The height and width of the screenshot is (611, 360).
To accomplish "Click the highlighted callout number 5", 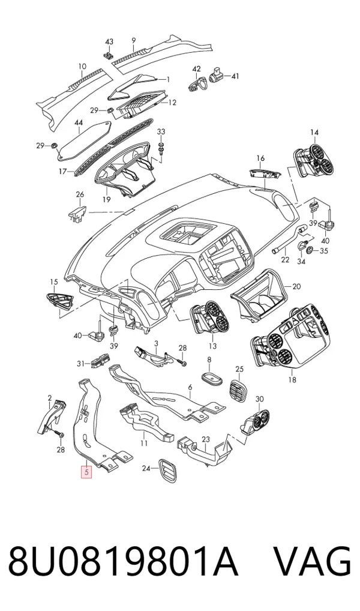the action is click(x=86, y=473).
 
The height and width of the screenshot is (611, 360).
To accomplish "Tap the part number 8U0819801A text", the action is click(x=123, y=562).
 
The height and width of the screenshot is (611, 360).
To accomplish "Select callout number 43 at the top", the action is click(x=109, y=41).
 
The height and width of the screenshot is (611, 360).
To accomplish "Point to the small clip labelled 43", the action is click(x=109, y=55).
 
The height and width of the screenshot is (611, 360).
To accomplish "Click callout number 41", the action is click(x=235, y=76).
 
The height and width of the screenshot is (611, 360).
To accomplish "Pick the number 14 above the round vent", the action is click(x=314, y=133).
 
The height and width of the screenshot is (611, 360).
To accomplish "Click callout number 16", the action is click(x=260, y=158).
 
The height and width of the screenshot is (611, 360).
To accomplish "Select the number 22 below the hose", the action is click(x=286, y=259).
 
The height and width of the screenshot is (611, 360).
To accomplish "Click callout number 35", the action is click(x=324, y=250).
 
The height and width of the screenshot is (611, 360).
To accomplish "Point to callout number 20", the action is click(x=296, y=286).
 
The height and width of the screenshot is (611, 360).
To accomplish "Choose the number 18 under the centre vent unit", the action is click(x=292, y=379).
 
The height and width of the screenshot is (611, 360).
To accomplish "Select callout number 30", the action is click(x=259, y=399).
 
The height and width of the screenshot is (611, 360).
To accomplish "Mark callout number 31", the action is click(x=80, y=364).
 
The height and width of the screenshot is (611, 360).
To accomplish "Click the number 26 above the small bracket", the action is click(x=80, y=194).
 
